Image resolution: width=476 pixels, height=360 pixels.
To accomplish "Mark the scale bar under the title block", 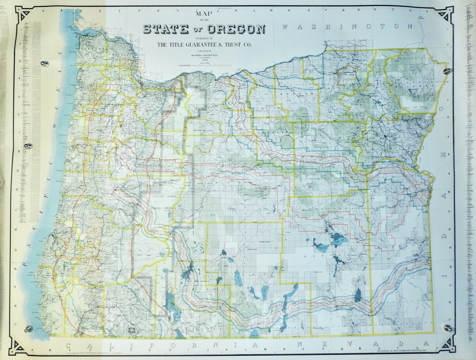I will [204, 65].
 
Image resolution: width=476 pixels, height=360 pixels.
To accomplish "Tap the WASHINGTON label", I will [347, 27].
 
